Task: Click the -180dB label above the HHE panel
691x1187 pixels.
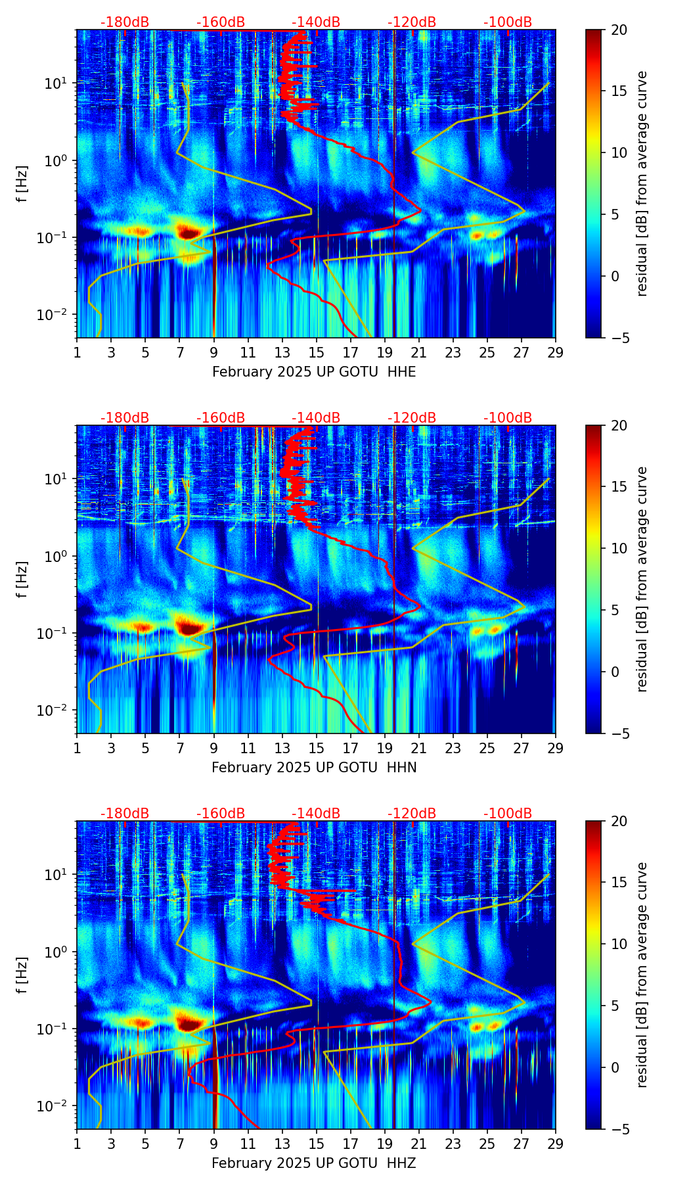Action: [125, 22]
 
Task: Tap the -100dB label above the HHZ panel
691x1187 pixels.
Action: [508, 814]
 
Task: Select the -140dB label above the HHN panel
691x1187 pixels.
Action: [316, 418]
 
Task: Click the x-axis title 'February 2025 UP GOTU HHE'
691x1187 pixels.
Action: [314, 372]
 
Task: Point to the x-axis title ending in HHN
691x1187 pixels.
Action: [314, 768]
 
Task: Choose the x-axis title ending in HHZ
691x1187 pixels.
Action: [314, 1163]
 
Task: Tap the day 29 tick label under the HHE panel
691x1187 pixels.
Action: [555, 352]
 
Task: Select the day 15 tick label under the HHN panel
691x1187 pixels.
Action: [316, 748]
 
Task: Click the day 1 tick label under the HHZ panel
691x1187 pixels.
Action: [77, 1144]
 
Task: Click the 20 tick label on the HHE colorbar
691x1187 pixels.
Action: [619, 30]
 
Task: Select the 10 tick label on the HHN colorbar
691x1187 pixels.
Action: [619, 548]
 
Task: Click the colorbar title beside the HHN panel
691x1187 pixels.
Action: [642, 579]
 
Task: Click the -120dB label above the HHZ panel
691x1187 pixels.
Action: [412, 814]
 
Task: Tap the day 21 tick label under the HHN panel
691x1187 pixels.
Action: [418, 748]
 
